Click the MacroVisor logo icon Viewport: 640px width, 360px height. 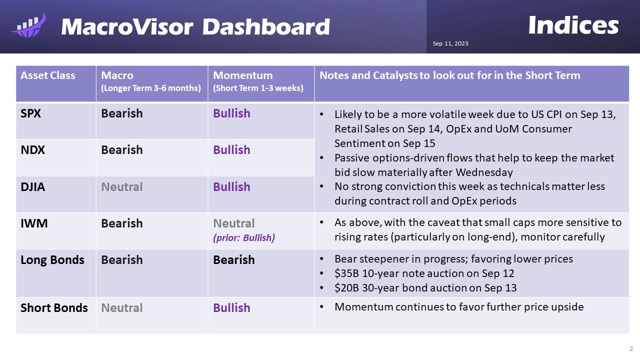[x=28, y=26]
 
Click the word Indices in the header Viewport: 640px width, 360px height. [x=573, y=25]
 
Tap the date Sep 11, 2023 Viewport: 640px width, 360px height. [x=450, y=44]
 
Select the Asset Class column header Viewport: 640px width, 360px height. [x=48, y=75]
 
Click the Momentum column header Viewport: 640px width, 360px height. [x=243, y=75]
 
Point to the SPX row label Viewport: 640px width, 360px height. [x=31, y=113]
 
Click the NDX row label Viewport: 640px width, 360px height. [x=32, y=150]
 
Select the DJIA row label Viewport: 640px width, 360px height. [x=32, y=187]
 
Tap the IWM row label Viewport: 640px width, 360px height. [x=34, y=223]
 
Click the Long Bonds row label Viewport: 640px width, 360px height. [x=52, y=260]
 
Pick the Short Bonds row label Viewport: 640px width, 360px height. [x=54, y=308]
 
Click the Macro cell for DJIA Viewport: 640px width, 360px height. [x=122, y=187]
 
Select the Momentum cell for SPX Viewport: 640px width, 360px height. [x=231, y=113]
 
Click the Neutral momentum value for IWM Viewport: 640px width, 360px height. [x=234, y=223]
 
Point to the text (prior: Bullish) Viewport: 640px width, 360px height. [x=244, y=238]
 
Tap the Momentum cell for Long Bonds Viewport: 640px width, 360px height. [x=234, y=260]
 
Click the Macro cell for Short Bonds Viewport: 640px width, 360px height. [x=122, y=308]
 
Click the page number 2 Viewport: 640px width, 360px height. [x=631, y=348]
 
